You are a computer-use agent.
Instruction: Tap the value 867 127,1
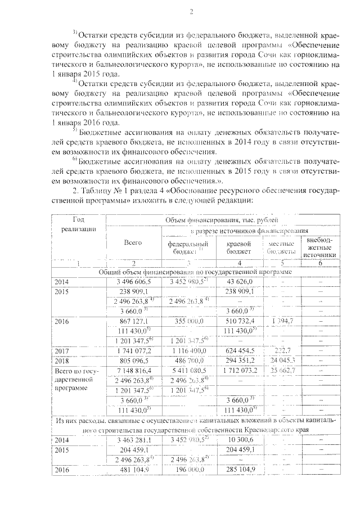coord(133,321)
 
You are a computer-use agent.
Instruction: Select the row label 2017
coord(63,351)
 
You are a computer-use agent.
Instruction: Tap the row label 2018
coord(63,361)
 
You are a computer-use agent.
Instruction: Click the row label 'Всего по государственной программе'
coord(78,380)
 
